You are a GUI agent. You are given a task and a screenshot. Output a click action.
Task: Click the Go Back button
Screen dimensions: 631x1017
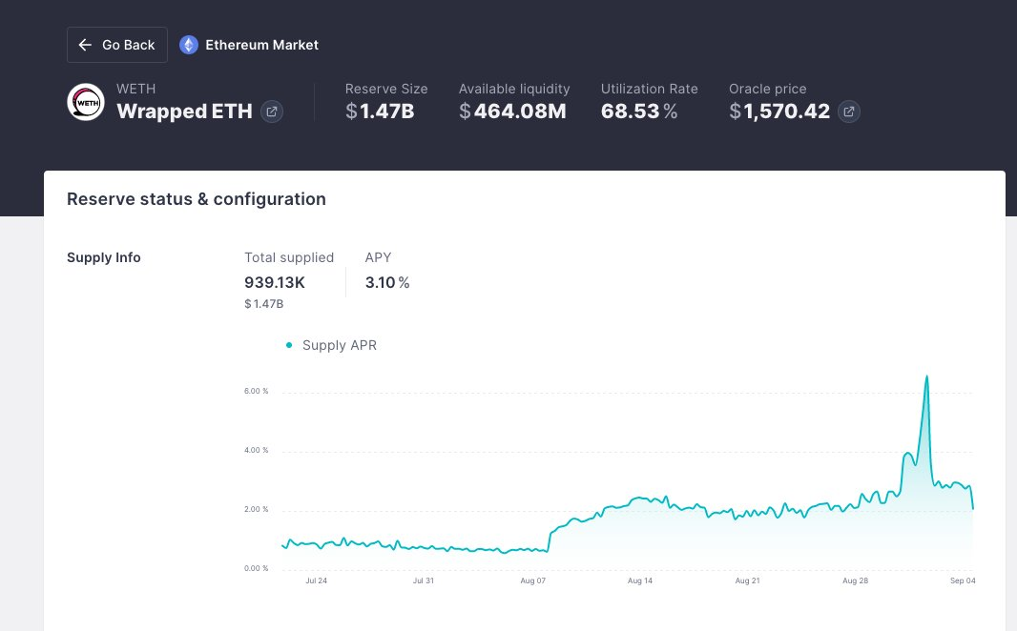pyautogui.click(x=117, y=45)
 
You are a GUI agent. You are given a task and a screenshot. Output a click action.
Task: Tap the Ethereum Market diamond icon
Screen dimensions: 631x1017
pyautogui.click(x=189, y=45)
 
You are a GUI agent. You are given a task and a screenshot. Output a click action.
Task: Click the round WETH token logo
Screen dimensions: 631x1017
pyautogui.click(x=86, y=102)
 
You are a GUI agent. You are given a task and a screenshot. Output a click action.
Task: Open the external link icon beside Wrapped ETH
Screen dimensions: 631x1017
pyautogui.click(x=272, y=112)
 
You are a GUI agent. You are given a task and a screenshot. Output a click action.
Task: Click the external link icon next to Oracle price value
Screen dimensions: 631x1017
pyautogui.click(x=849, y=112)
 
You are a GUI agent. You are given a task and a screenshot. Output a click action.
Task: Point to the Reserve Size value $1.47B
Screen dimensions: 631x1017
pyautogui.click(x=380, y=112)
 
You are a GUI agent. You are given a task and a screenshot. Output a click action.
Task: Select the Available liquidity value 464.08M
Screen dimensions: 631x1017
pyautogui.click(x=512, y=112)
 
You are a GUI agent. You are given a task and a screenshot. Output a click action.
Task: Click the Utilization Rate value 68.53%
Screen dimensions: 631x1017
pyautogui.click(x=639, y=112)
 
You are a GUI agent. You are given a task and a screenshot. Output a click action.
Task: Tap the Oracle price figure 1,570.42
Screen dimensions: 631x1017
pyautogui.click(x=779, y=112)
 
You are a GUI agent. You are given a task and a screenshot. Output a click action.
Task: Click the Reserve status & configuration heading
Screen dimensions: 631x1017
pyautogui.click(x=197, y=199)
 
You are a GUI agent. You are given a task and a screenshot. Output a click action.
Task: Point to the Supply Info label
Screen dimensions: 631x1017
pyautogui.click(x=104, y=257)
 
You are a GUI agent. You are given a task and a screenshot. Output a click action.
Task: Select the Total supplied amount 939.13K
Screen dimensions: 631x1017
pyautogui.click(x=275, y=282)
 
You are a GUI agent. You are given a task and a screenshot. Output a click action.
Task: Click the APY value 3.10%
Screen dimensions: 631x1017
pyautogui.click(x=387, y=282)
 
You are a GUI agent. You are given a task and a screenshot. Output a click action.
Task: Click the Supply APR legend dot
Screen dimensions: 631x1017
pyautogui.click(x=289, y=345)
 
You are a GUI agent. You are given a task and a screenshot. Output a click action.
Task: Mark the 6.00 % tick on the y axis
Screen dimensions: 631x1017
pyautogui.click(x=257, y=392)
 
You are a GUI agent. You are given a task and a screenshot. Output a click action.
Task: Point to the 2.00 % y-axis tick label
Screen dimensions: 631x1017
pyautogui.click(x=257, y=509)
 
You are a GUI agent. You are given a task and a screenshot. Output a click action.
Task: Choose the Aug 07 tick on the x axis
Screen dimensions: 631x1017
pyautogui.click(x=533, y=580)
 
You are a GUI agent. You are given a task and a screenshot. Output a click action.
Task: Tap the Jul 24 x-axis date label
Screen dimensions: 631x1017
pyautogui.click(x=316, y=580)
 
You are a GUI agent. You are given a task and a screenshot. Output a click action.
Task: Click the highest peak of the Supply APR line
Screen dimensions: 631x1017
pyautogui.click(x=926, y=377)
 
